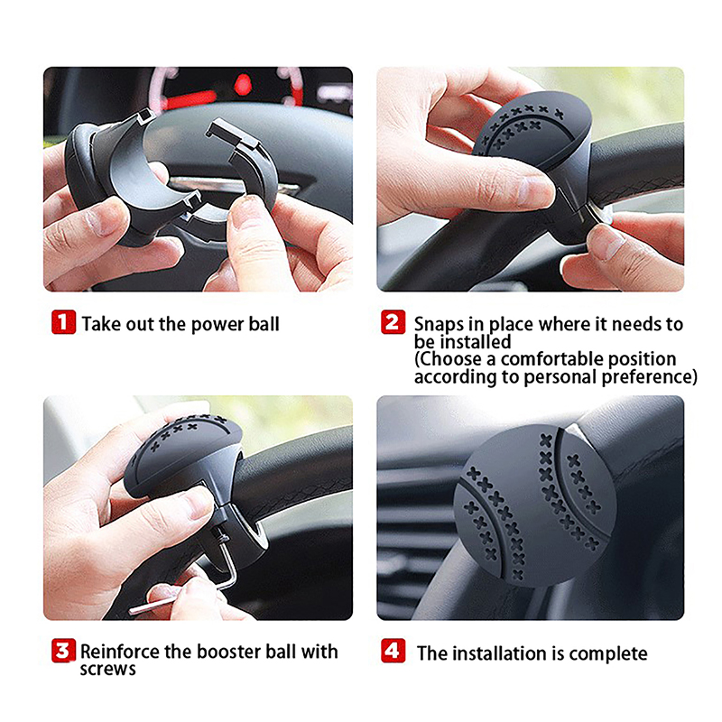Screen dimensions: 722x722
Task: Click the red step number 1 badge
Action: coord(63,322)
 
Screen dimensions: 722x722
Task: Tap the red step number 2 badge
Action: coord(393,322)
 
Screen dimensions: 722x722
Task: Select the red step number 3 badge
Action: coord(63,651)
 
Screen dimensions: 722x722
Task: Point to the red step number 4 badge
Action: coord(393,651)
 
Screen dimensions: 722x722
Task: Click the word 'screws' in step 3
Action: coord(107,670)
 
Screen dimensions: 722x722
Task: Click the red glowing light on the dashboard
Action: coord(243,85)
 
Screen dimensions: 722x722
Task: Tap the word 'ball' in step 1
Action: coord(264,324)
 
